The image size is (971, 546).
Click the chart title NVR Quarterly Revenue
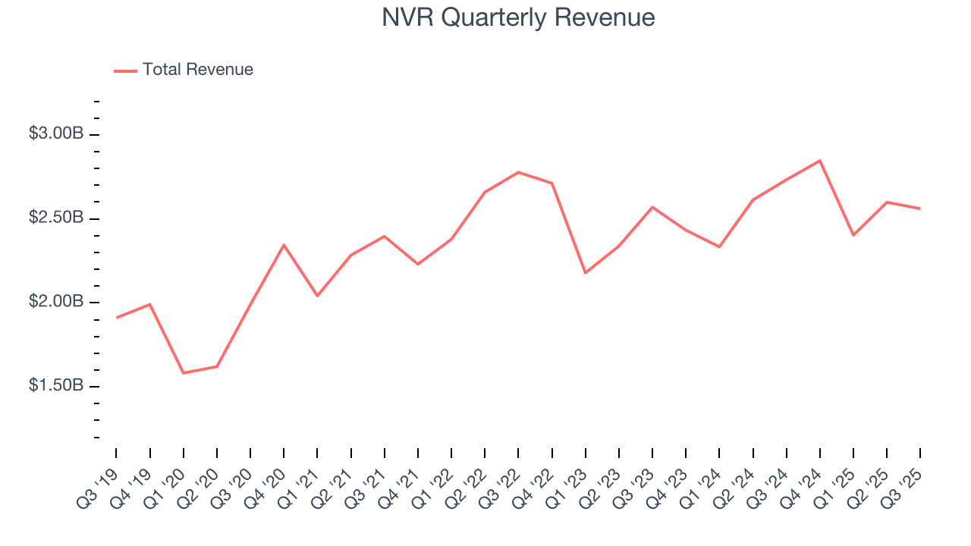pyautogui.click(x=518, y=17)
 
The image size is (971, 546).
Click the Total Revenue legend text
pyautogui.click(x=197, y=70)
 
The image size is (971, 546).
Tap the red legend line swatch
pyautogui.click(x=125, y=71)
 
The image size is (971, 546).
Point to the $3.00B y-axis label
pyautogui.click(x=55, y=133)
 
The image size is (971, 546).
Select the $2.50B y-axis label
pyautogui.click(x=55, y=218)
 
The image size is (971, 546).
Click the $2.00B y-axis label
pyautogui.click(x=55, y=302)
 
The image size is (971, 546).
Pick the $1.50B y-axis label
pyautogui.click(x=55, y=385)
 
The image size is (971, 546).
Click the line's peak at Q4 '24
pyautogui.click(x=820, y=161)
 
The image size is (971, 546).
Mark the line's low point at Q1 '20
pyautogui.click(x=184, y=373)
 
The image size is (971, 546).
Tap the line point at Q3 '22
pyautogui.click(x=518, y=172)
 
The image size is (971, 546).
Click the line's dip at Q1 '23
pyautogui.click(x=586, y=273)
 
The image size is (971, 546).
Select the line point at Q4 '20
pyautogui.click(x=284, y=245)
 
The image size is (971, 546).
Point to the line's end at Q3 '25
pyautogui.click(x=920, y=209)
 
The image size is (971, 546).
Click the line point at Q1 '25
pyautogui.click(x=853, y=235)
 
